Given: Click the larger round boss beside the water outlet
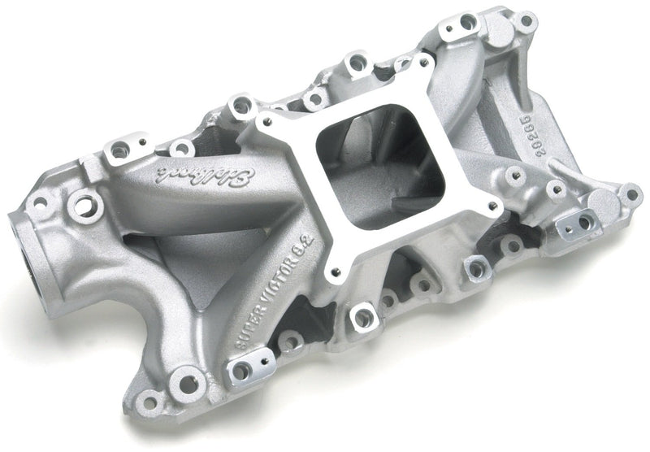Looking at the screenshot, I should [x=80, y=199].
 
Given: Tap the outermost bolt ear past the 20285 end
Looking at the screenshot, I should [x=630, y=193].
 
